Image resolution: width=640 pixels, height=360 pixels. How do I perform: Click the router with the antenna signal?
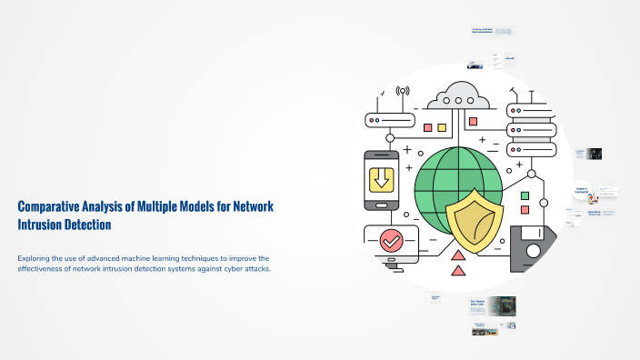point(389,118)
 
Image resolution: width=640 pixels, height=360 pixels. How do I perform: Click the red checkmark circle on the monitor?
point(391,241)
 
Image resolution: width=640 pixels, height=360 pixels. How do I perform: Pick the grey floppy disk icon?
point(532,248)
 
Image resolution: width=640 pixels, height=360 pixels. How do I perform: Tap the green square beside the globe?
point(524,195)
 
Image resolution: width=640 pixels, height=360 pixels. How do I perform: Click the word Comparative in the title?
point(48,207)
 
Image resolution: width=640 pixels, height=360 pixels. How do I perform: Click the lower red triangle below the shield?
point(458,270)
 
